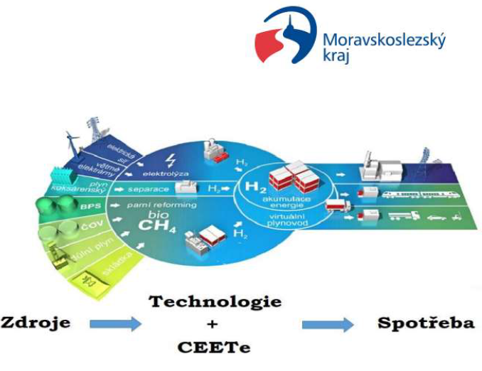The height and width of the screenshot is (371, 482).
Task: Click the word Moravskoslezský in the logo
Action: click(x=384, y=41)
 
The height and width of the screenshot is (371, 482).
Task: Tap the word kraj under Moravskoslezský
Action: click(x=338, y=59)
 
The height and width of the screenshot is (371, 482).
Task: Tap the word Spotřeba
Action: click(x=426, y=323)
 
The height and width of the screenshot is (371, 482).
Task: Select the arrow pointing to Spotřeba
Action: click(x=327, y=325)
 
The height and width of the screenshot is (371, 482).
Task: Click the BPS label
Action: click(x=68, y=206)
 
